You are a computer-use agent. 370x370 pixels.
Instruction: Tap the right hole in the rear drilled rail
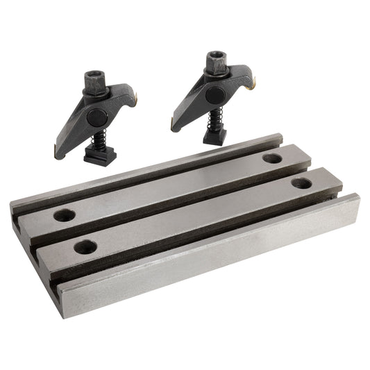[x=273, y=158]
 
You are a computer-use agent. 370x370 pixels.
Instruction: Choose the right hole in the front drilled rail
[x=301, y=183]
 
